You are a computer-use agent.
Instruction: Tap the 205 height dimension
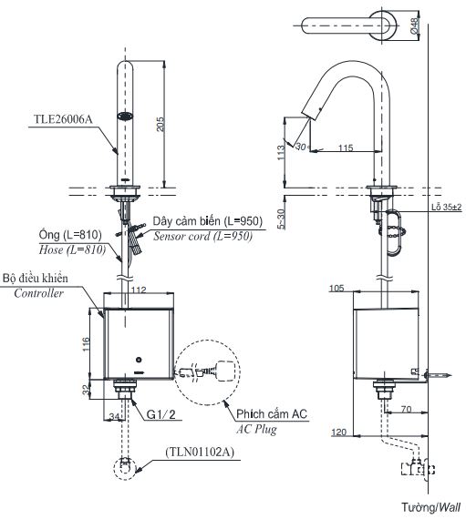point(161,127)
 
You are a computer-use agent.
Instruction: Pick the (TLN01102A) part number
point(198,451)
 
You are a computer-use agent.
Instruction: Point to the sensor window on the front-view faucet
point(123,116)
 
